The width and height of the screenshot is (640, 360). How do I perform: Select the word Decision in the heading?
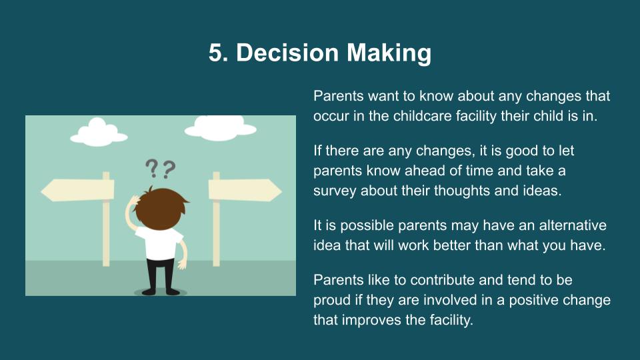288,53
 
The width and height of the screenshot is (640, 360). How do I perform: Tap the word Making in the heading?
389,53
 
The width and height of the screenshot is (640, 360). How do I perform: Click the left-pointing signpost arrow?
77,190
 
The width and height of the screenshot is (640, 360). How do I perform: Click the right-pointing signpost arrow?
245,190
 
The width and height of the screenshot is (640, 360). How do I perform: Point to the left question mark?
151,168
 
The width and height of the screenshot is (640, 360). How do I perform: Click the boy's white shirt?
159,243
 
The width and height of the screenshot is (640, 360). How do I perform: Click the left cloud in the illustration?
99,132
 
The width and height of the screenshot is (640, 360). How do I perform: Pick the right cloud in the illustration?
221,128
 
